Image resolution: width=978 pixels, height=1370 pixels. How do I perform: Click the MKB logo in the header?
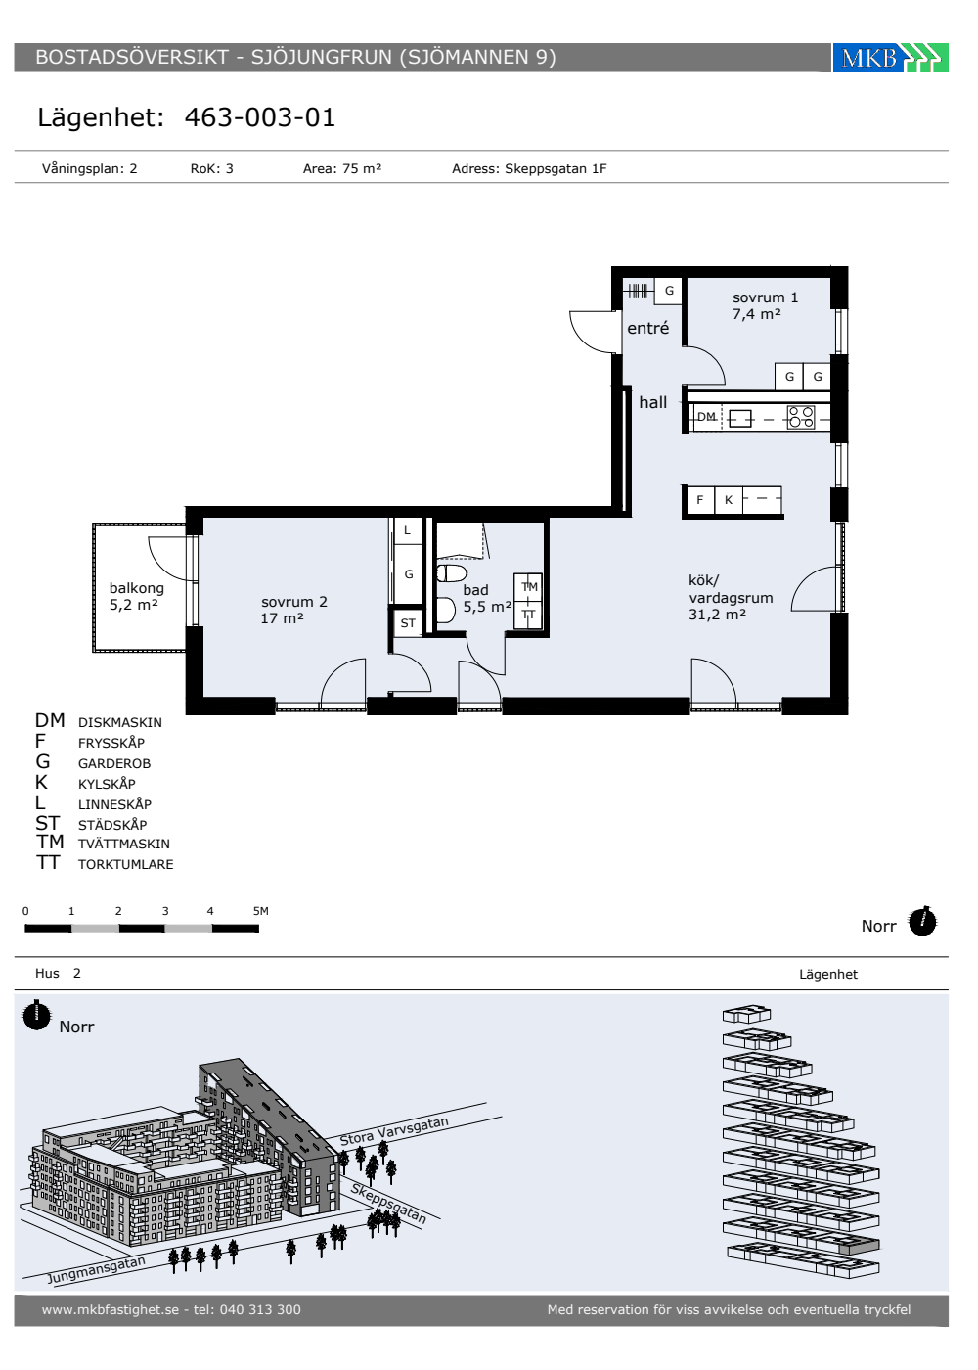[890, 58]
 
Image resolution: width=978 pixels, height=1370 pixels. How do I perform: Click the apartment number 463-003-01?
[260, 117]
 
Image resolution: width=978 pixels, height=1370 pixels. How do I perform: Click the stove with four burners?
[801, 417]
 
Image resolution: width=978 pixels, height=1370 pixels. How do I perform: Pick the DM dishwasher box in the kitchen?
[706, 417]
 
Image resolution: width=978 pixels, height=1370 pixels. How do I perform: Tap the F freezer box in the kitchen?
[700, 500]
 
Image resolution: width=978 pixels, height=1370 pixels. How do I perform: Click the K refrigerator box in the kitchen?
[728, 500]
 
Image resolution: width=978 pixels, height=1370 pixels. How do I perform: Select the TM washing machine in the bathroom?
[528, 587]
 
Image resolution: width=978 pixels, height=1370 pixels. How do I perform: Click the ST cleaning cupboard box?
[408, 623]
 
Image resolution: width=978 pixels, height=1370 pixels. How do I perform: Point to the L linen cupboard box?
[407, 530]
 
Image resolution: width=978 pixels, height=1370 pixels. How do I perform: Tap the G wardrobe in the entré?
[669, 291]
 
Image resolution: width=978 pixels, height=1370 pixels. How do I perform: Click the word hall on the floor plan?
[653, 402]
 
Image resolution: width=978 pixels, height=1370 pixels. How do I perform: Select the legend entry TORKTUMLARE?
[125, 864]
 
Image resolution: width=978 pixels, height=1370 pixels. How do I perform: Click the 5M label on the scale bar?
[260, 911]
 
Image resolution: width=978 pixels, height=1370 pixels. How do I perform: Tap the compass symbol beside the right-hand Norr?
[922, 921]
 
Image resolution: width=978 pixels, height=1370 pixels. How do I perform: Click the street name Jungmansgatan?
[97, 1269]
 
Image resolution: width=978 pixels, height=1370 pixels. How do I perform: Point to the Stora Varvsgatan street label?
[394, 1131]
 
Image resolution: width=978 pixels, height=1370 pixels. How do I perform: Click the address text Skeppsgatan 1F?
[556, 168]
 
